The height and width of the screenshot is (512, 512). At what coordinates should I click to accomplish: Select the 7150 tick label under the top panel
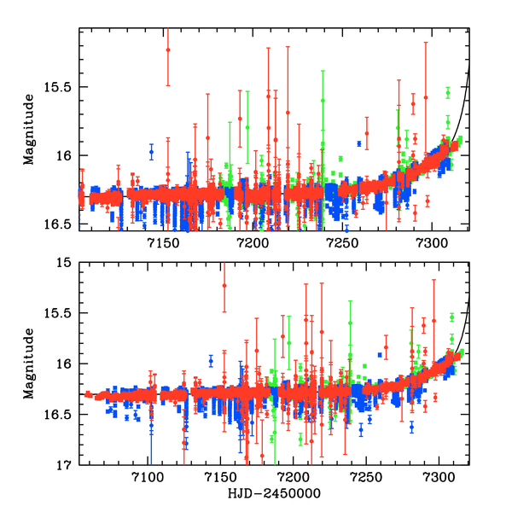click(162, 244)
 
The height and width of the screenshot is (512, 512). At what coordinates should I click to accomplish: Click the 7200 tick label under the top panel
click(253, 244)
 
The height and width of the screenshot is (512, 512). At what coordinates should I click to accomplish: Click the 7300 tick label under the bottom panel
click(439, 479)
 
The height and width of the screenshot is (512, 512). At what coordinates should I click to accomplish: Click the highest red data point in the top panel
click(168, 50)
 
